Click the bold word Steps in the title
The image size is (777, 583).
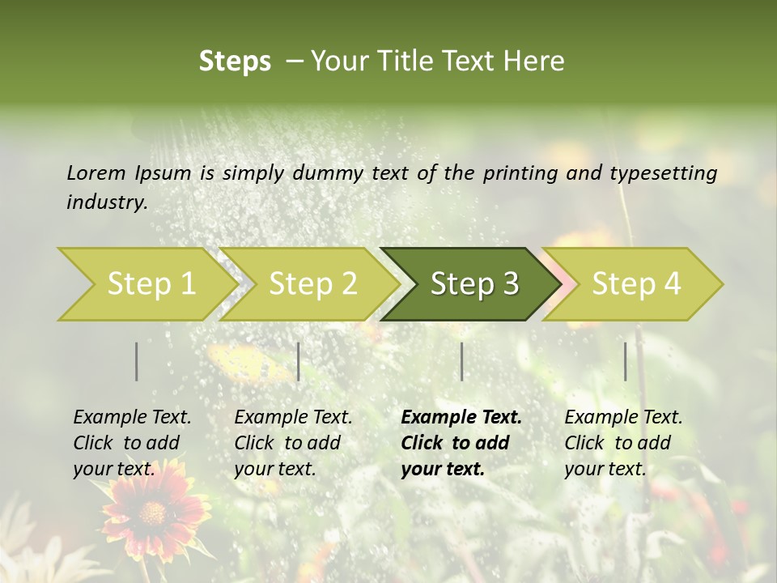tap(235, 62)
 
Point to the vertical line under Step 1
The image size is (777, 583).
tap(137, 361)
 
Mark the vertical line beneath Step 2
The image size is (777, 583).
tap(299, 361)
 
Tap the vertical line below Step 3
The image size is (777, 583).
tap(462, 361)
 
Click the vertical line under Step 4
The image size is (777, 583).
tap(626, 361)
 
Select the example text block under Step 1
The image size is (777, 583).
tap(132, 443)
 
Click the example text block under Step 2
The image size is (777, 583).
tap(293, 443)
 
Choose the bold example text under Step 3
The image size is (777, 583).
tap(461, 443)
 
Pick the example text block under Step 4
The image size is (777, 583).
tap(623, 443)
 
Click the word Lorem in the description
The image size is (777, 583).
tap(96, 173)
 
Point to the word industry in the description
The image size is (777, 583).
tap(106, 202)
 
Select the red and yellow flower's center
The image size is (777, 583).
tap(151, 513)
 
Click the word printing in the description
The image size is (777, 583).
tap(517, 173)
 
